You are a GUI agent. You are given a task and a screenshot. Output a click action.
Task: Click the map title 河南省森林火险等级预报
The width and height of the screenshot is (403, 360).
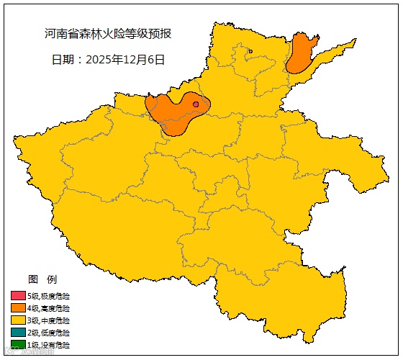pyautogui.click(x=109, y=34)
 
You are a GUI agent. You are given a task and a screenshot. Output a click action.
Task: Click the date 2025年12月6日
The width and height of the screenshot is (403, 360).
pyautogui.click(x=125, y=60)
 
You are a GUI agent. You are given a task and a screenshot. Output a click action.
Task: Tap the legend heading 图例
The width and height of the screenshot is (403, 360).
pyautogui.click(x=42, y=279)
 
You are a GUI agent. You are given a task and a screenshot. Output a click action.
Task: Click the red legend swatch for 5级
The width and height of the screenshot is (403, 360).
pyautogui.click(x=18, y=296)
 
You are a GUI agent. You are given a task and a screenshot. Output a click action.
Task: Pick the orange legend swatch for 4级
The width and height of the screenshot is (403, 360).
pyautogui.click(x=18, y=308)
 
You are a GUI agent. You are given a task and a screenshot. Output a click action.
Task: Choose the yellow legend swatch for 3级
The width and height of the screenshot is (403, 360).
pyautogui.click(x=18, y=320)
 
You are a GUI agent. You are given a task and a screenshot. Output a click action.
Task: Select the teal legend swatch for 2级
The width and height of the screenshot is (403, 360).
pyautogui.click(x=18, y=333)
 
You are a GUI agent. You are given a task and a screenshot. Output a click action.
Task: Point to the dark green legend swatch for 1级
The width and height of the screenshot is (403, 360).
pyautogui.click(x=18, y=345)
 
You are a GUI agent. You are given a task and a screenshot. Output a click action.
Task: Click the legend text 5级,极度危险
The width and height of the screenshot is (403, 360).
pyautogui.click(x=49, y=296)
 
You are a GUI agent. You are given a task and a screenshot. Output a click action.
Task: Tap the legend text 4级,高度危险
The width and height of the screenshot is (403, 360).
pyautogui.click(x=49, y=308)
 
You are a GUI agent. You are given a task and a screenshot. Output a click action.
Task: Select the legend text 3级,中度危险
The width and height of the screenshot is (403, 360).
pyautogui.click(x=49, y=320)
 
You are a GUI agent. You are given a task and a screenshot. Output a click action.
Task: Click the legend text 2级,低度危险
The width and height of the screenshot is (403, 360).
pyautogui.click(x=49, y=333)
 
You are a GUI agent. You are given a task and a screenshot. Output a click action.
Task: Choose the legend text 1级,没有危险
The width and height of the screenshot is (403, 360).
pyautogui.click(x=49, y=345)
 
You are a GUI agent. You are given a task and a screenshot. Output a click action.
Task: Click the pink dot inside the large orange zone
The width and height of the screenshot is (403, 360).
pyautogui.click(x=196, y=104)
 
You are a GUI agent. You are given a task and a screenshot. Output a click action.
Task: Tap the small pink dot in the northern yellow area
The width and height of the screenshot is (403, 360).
pyautogui.click(x=250, y=51)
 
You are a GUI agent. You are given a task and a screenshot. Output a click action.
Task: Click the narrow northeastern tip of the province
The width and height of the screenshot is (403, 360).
pyautogui.click(x=348, y=45)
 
